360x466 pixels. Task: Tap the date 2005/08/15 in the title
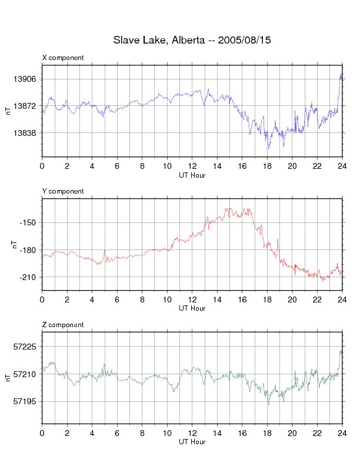tap(244, 41)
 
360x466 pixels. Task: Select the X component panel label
tap(63, 58)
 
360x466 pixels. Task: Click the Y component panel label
tap(63, 191)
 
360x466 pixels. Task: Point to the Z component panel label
tap(63, 325)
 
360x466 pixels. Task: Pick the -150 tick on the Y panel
tap(28, 222)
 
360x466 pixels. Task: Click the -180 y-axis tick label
tap(28, 250)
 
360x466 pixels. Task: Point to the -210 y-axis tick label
tap(28, 277)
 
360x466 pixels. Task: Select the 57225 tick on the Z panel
tap(25, 347)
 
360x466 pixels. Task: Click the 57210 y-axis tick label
tap(25, 374)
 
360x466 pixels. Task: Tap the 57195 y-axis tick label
tap(25, 401)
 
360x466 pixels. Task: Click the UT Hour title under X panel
tap(192, 175)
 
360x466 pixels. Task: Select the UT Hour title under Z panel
tap(192, 442)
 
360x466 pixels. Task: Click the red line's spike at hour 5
tap(105, 251)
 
